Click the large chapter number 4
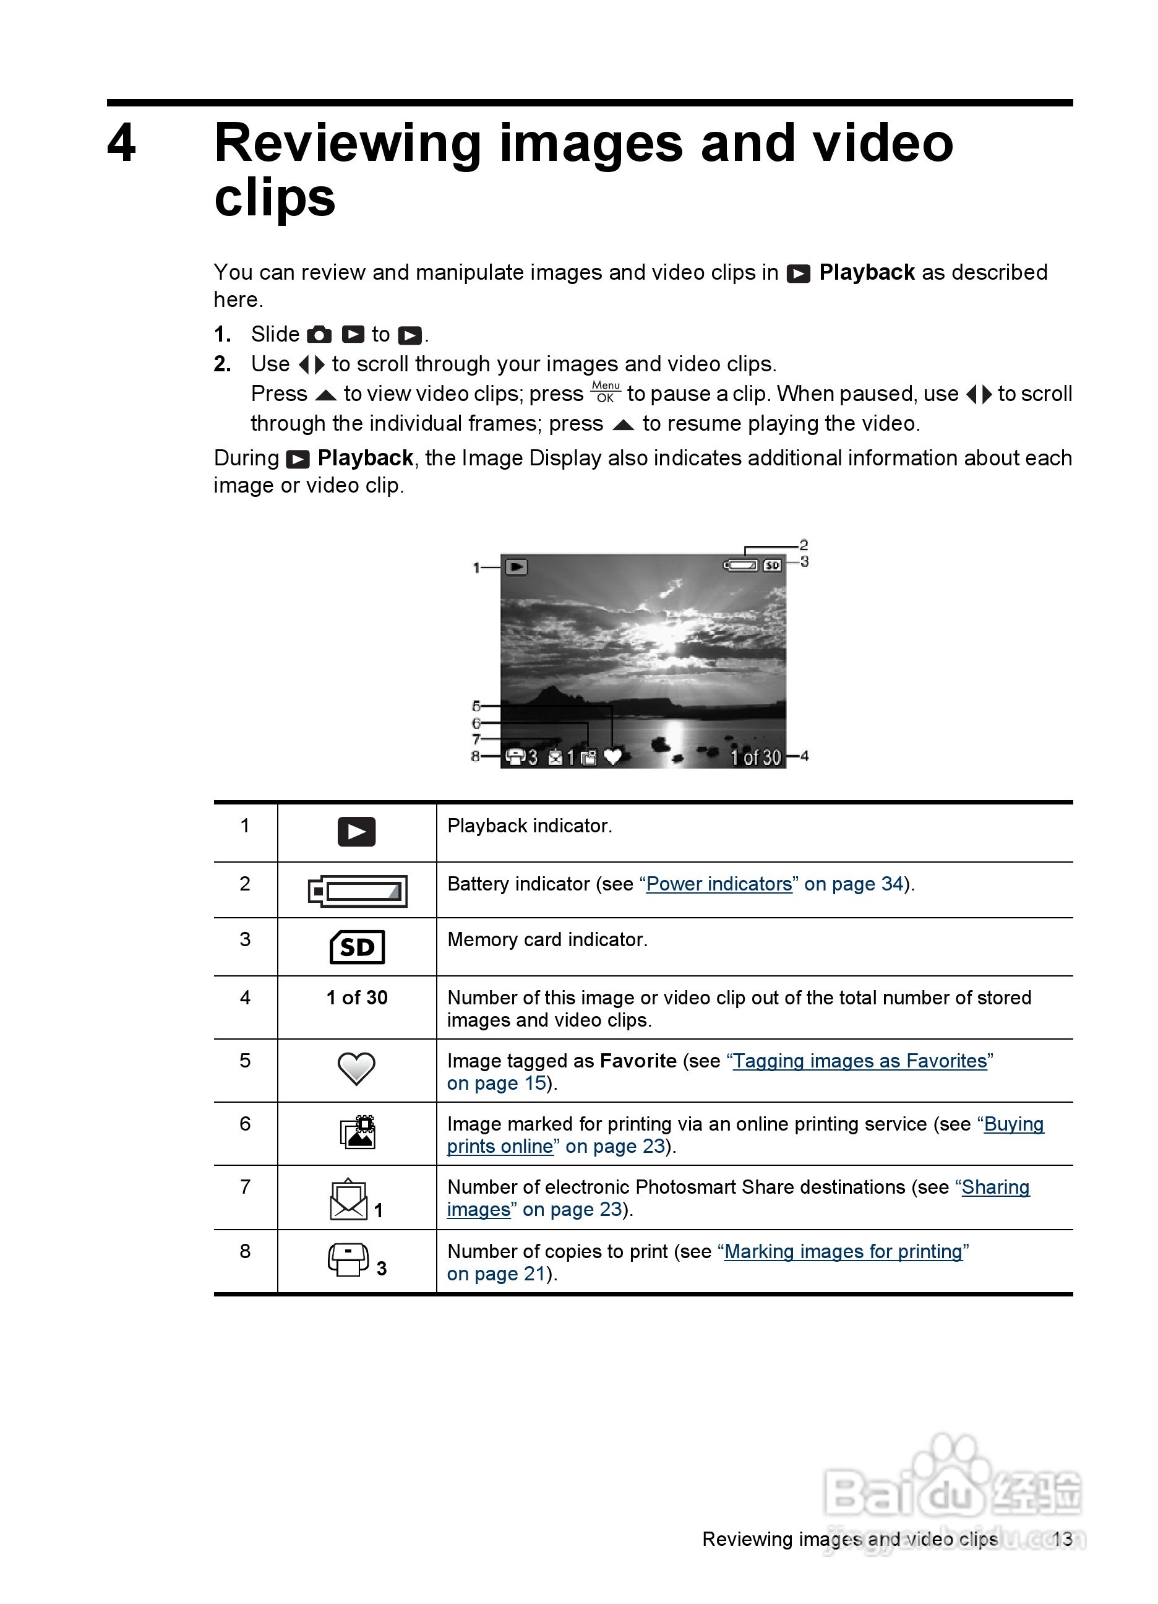122,143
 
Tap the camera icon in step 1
320,335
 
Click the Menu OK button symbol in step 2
606,392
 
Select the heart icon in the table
356,1069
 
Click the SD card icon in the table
357,947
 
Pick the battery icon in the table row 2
358,891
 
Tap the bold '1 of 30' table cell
356,997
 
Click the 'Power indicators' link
719,884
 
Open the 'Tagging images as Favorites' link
860,1061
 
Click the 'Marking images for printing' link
843,1251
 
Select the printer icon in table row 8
348,1259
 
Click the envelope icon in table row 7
348,1199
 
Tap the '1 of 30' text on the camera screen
755,757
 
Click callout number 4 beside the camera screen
805,756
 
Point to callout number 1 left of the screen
476,567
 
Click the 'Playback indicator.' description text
530,826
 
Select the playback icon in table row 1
356,832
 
